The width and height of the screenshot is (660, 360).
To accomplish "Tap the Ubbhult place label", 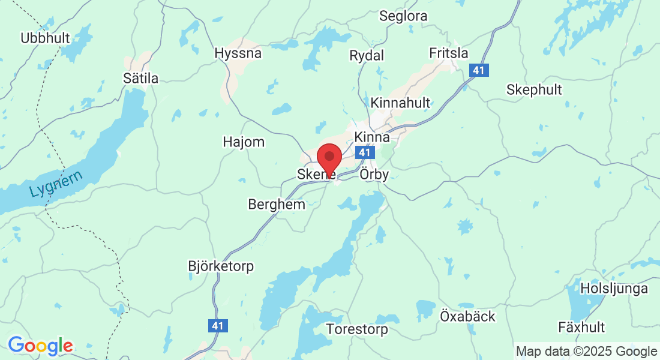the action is click(x=45, y=38).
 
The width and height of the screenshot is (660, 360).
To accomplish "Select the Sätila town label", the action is click(x=140, y=79).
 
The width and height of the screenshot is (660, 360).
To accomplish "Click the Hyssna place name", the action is click(x=238, y=53).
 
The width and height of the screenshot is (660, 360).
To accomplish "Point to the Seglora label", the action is click(x=403, y=16).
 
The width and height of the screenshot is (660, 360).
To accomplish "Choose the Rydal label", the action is click(x=367, y=56).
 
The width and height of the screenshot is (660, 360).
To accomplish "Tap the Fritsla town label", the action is click(x=449, y=53).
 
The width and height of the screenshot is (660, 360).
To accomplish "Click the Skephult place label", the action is click(x=534, y=90).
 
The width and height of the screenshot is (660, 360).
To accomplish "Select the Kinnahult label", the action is click(x=400, y=103).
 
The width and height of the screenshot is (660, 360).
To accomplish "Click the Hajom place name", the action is click(x=243, y=142).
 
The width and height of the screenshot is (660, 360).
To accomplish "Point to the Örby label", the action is click(x=374, y=175).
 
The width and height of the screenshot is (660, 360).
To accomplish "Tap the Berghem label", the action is click(x=277, y=205).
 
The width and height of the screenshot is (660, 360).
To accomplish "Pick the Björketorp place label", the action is click(x=221, y=266).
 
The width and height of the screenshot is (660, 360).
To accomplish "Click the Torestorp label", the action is click(x=357, y=329).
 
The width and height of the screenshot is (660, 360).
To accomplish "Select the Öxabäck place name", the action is click(x=467, y=316).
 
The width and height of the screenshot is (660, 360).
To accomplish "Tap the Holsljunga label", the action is click(x=614, y=289).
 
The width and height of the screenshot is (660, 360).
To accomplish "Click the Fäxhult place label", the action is click(x=581, y=328).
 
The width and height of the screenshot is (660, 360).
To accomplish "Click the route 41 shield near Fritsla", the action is click(x=478, y=71).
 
